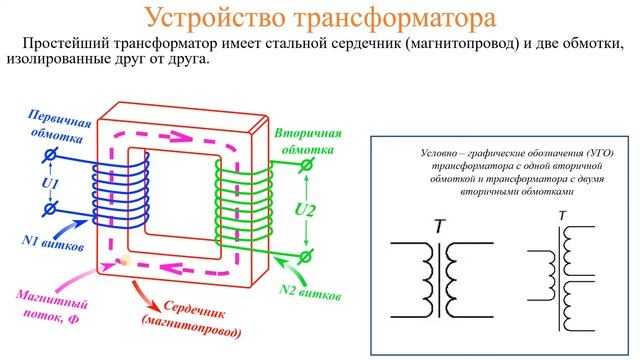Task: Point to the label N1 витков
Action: (x=52, y=243)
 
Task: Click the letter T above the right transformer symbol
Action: (x=562, y=215)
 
